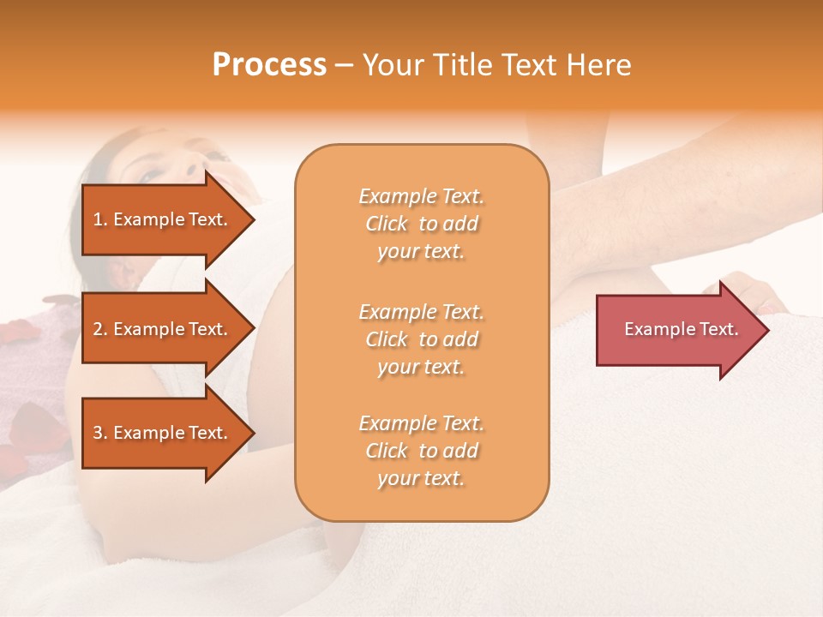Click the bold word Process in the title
[269, 65]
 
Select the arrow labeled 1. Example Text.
[163, 219]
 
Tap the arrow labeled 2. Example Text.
[163, 329]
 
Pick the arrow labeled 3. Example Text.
[163, 433]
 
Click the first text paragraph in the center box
[421, 224]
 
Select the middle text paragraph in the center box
[421, 339]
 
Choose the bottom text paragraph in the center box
[421, 451]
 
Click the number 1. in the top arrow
[100, 219]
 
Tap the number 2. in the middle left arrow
[100, 329]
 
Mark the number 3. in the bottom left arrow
[100, 433]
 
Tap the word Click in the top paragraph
[387, 224]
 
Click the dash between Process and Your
[344, 66]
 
